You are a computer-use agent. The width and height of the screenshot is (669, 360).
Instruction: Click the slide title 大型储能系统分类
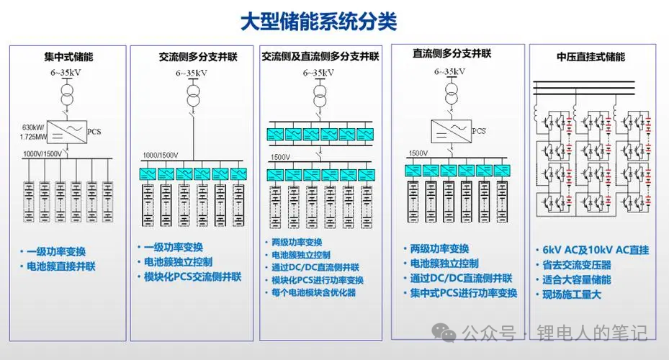(318, 20)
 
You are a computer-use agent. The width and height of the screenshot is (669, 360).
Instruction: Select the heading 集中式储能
(68, 56)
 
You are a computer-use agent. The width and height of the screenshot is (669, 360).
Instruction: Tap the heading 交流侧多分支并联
(197, 56)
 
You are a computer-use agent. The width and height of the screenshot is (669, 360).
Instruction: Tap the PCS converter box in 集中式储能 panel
(66, 131)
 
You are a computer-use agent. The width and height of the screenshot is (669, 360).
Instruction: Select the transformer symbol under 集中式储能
(66, 94)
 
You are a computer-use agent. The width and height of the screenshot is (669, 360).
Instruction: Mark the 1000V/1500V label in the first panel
(42, 153)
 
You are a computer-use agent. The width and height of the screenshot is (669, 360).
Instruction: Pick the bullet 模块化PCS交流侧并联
(192, 276)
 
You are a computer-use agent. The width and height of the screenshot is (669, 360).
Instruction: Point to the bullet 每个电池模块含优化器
(314, 292)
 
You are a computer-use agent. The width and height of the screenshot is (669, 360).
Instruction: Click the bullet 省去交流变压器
(576, 265)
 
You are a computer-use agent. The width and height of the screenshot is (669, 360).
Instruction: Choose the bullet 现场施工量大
(572, 294)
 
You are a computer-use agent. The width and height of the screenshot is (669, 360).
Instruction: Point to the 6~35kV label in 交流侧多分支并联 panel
(192, 73)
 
